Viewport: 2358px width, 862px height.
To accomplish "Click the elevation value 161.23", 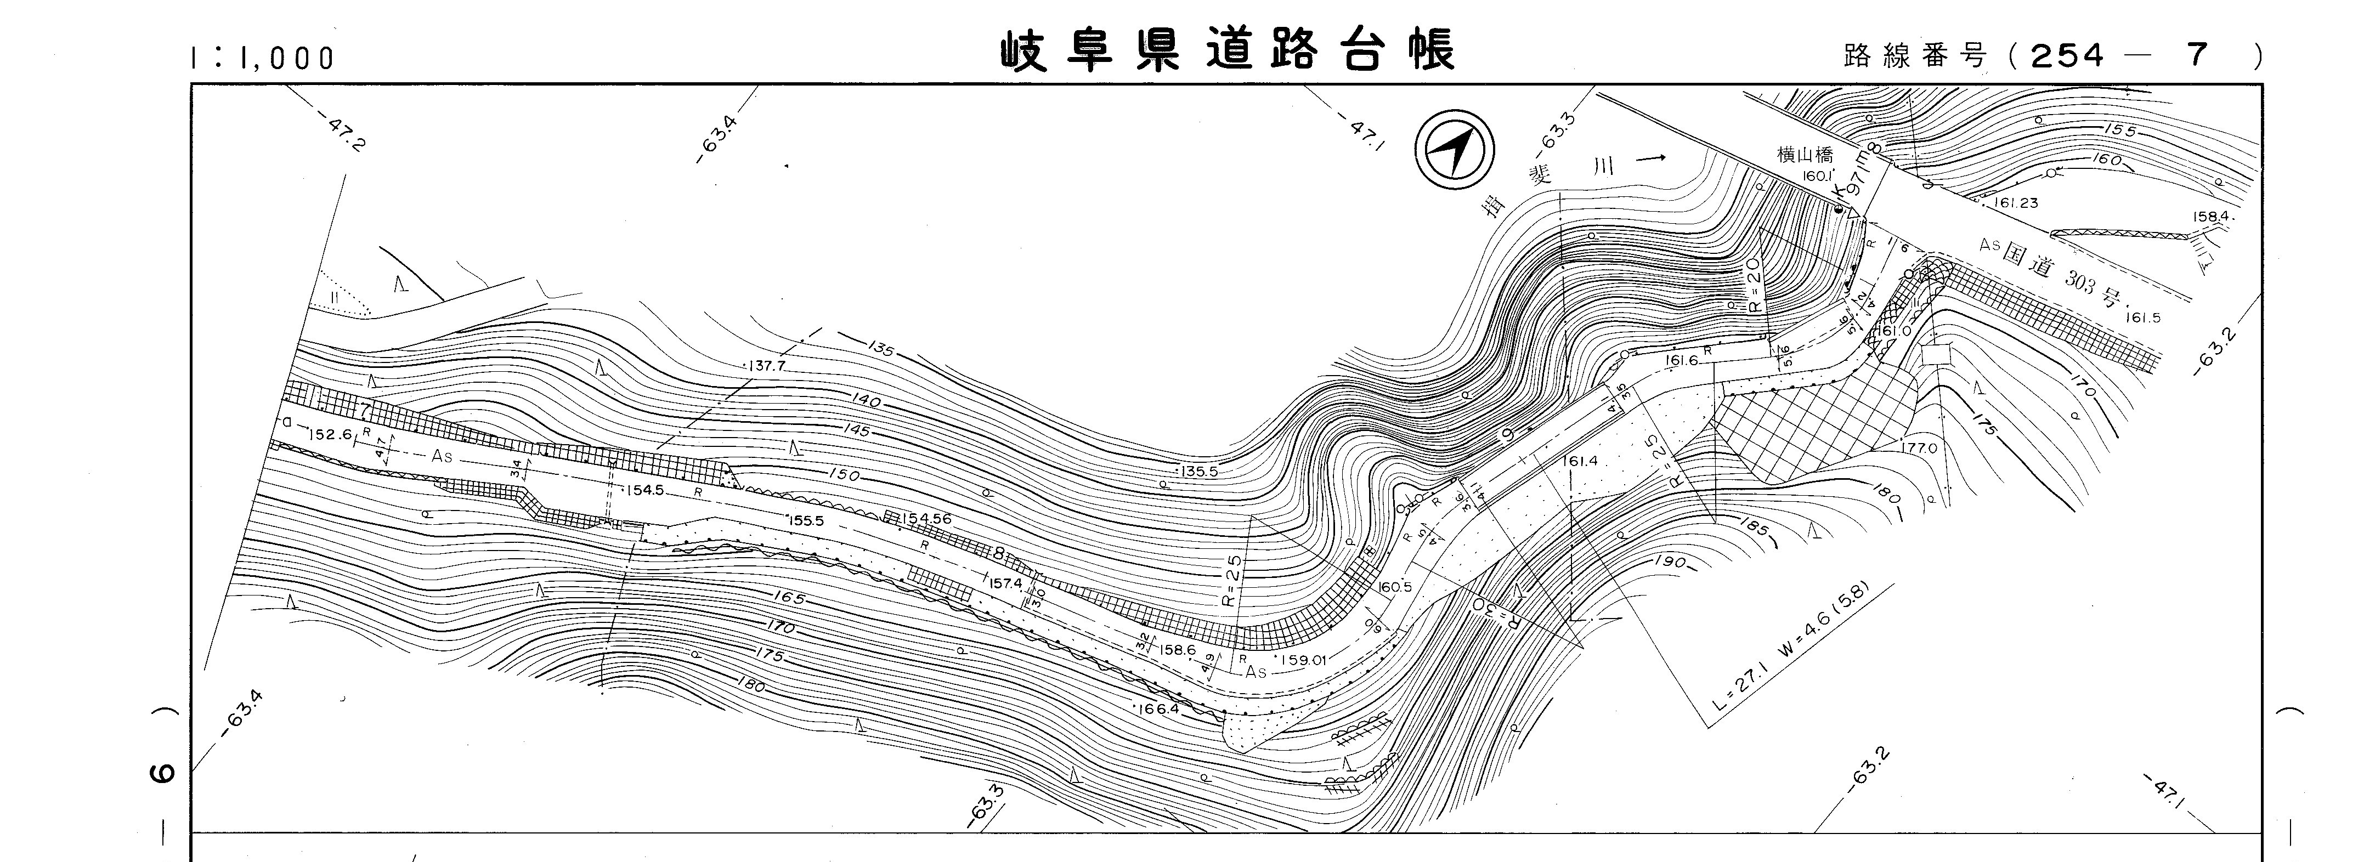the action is [2014, 203].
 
